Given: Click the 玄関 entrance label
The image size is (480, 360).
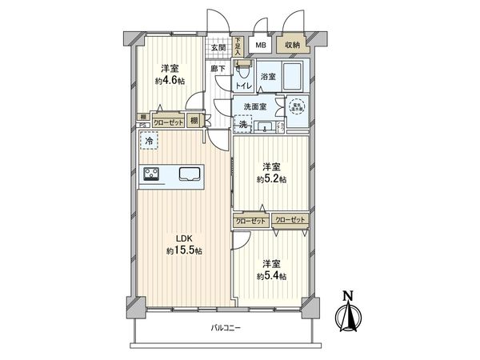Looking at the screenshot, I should coord(218,47).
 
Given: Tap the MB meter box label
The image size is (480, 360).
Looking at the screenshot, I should coord(261,46).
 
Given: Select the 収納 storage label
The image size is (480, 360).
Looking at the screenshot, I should coord(290,46).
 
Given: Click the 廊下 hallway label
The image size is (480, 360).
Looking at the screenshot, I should coord(217,69).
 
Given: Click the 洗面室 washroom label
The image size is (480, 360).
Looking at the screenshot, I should coord(252,106).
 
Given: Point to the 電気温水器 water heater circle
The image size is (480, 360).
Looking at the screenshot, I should coord(297,106).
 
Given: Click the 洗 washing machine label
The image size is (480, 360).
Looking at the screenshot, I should coord(242,125).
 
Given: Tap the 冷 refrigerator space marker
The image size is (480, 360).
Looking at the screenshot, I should coord(148,141).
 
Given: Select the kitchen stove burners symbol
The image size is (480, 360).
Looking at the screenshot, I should coord(153,174).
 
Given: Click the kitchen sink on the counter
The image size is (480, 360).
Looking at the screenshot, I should coord(190,174).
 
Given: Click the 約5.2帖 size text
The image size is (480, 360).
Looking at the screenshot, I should coord(269,179).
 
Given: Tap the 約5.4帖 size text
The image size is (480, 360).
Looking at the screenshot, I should coord(269,276).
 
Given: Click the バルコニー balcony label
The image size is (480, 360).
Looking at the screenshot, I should coord(226,328).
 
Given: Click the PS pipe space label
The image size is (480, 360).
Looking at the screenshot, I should coord(142,124).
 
